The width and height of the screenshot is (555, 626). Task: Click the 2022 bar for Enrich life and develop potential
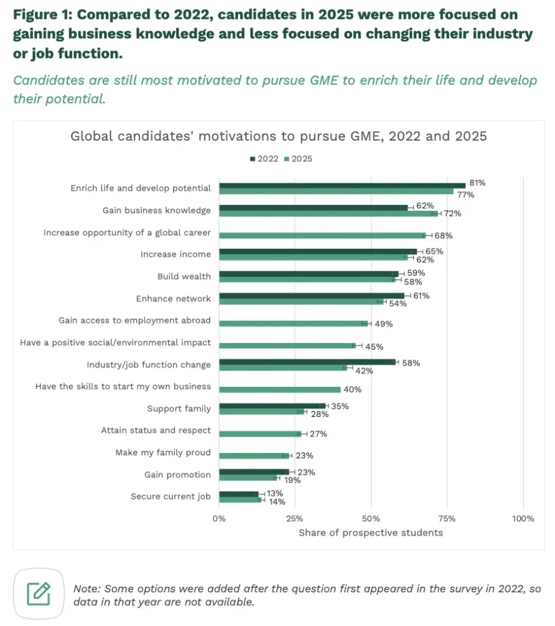tap(342, 185)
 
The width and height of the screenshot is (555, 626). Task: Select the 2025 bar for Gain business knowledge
tap(329, 214)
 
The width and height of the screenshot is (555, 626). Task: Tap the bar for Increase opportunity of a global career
tap(322, 235)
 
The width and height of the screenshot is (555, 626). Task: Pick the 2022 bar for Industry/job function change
tap(307, 362)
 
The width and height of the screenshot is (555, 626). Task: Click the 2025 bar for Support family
tap(262, 411)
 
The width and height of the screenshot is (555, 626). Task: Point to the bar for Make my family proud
tap(254, 455)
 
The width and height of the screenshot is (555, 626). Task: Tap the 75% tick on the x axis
tap(447, 518)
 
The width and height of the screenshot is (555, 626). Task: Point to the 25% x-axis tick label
tap(295, 518)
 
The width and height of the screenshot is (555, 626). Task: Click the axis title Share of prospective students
tap(370, 532)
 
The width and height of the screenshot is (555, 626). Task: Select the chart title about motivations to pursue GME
tap(279, 136)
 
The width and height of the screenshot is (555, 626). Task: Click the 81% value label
tap(477, 183)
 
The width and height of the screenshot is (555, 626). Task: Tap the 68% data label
tap(443, 235)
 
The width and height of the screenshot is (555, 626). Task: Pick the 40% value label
tap(353, 389)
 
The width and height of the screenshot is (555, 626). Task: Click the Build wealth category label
tap(183, 276)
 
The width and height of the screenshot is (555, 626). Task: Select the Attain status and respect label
tap(156, 430)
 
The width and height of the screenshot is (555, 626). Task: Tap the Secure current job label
tap(171, 496)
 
